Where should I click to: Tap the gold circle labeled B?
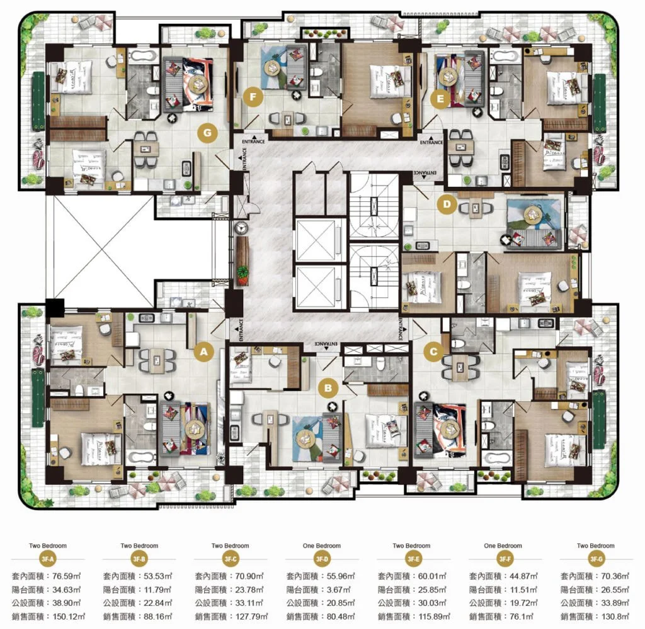click(328, 388)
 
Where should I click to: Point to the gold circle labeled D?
click(447, 203)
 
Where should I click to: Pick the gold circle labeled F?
click(253, 97)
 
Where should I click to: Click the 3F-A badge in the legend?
click(48, 559)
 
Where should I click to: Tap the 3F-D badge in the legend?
click(322, 559)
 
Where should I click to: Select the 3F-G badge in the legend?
click(596, 559)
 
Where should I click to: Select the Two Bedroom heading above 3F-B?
click(139, 546)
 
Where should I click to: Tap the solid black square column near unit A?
click(55, 309)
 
